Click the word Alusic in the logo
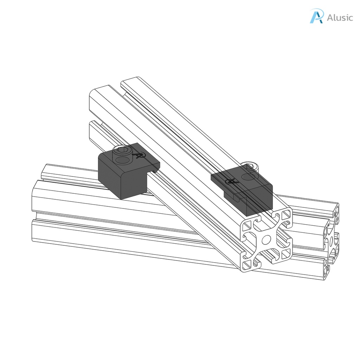pos(340,18)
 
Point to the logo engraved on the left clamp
pos(140,155)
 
